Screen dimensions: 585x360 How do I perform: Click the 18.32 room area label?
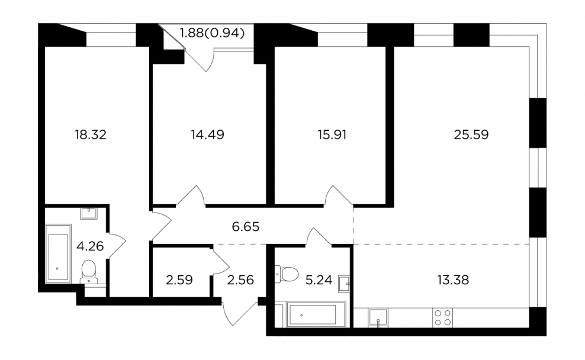[x=91, y=134]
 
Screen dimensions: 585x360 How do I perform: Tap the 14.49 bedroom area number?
[x=207, y=134]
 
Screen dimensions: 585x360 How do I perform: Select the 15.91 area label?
[x=332, y=134]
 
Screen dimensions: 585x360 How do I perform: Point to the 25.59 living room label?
[x=471, y=134]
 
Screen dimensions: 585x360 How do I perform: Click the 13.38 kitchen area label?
[x=453, y=279]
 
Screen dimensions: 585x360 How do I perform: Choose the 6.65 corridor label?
[x=246, y=226]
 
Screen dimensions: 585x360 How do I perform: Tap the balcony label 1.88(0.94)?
[x=212, y=33]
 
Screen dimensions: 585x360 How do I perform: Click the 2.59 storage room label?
[x=179, y=279]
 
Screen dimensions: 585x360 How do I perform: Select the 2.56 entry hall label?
[x=240, y=279]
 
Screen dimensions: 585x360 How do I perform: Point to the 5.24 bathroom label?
[x=319, y=279]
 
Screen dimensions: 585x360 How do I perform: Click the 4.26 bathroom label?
[x=90, y=246]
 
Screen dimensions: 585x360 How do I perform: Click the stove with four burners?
[x=443, y=317]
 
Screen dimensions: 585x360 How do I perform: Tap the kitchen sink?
[x=378, y=317]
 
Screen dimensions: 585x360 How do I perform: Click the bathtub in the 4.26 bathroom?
[x=58, y=253]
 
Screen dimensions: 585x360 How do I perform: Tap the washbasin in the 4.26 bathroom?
[x=89, y=214]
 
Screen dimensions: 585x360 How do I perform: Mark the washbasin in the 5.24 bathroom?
[x=344, y=284]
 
